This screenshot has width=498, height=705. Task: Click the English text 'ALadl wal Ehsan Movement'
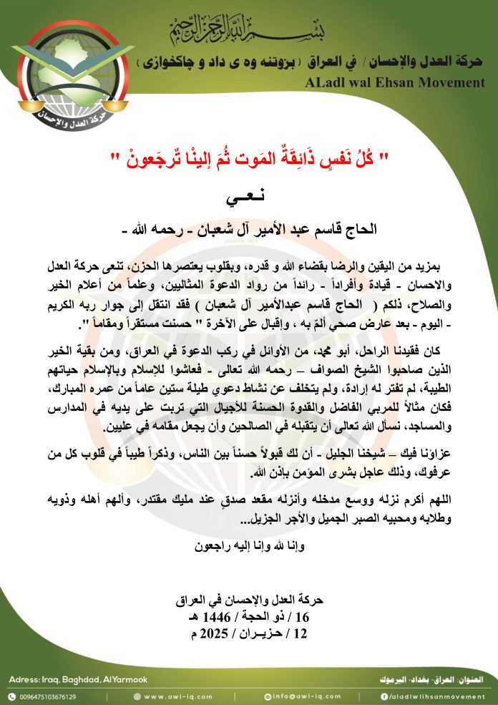(x=394, y=82)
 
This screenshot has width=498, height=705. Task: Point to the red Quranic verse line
(x=249, y=157)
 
